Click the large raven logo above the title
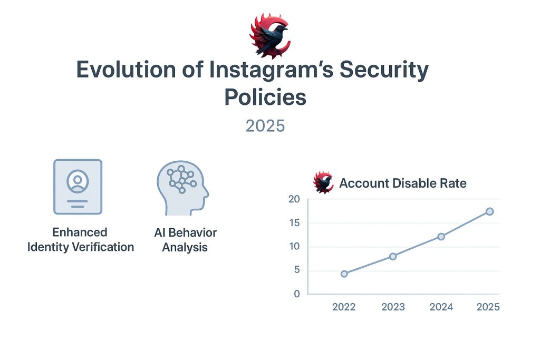[270, 36]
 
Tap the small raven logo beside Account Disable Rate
[323, 182]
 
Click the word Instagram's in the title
[272, 70]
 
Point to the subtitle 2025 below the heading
[265, 126]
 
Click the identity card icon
[78, 187]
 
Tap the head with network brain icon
[182, 188]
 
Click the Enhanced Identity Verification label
[80, 239]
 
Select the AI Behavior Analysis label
[185, 240]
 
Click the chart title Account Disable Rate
[403, 183]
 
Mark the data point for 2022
[344, 274]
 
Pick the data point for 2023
[393, 256]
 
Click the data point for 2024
[441, 237]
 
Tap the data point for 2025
[490, 211]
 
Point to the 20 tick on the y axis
[294, 199]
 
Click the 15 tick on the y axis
[294, 223]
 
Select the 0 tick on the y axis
[297, 294]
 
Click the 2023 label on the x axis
[393, 307]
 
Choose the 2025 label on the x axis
[488, 307]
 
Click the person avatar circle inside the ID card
[78, 181]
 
